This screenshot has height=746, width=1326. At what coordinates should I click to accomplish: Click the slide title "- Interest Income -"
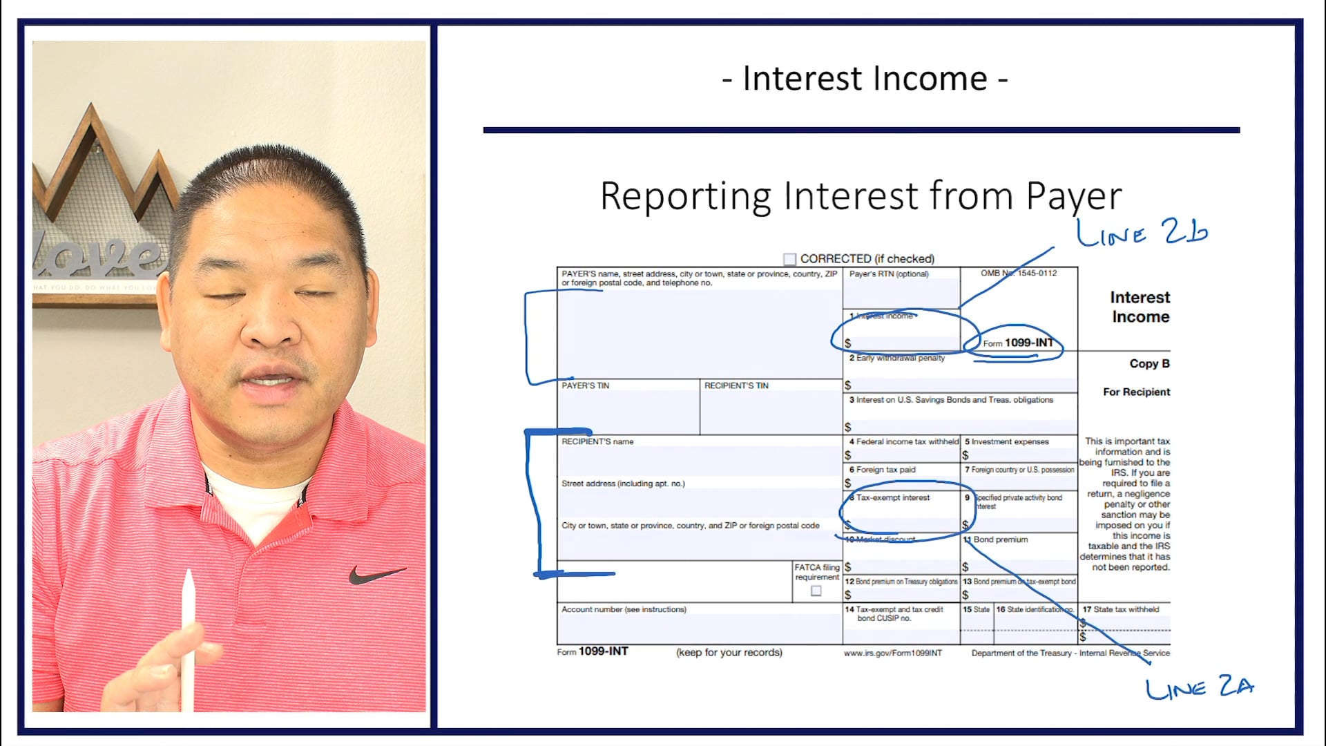[865, 79]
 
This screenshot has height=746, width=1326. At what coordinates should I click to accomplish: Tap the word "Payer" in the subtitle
[1073, 196]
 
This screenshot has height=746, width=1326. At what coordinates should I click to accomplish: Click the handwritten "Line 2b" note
[1142, 232]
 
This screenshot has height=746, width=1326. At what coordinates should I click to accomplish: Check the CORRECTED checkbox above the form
[789, 259]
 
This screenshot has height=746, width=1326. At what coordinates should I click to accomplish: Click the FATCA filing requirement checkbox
[816, 591]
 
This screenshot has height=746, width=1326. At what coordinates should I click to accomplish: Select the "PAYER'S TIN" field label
[585, 385]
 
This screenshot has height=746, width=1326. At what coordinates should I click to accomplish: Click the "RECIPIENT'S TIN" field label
[736, 385]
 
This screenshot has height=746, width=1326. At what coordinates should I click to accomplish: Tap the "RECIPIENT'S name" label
[597, 441]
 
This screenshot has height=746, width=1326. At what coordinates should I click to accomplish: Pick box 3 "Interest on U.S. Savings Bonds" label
[951, 400]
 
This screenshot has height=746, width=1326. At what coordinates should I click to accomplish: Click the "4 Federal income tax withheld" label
[904, 441]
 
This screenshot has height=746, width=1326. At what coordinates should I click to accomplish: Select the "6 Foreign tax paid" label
[883, 470]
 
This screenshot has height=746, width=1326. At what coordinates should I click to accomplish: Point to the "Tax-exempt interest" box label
[892, 497]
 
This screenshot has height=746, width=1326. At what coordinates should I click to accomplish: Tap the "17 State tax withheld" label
[1121, 609]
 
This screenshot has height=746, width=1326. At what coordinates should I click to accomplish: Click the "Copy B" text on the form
[1149, 363]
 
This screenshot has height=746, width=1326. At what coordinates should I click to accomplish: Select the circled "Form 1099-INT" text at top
[1018, 343]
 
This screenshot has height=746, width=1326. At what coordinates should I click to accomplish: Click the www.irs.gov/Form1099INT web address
[892, 653]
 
